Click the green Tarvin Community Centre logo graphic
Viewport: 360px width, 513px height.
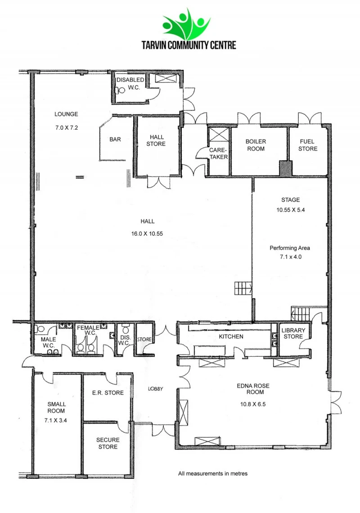click(186, 24)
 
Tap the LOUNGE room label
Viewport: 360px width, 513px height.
click(66, 114)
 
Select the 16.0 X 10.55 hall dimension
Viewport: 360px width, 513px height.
click(147, 234)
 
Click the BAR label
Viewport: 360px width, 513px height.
click(115, 139)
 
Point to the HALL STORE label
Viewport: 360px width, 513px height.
click(156, 141)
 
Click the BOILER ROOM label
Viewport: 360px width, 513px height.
click(256, 145)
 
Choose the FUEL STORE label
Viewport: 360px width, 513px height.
click(308, 145)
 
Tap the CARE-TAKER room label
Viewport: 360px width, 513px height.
click(218, 154)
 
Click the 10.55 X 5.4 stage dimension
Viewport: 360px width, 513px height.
click(290, 210)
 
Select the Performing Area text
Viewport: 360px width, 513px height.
click(290, 248)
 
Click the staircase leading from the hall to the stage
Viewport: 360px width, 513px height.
click(243, 288)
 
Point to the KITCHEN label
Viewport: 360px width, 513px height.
click(231, 336)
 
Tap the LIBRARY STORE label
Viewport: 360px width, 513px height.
click(293, 333)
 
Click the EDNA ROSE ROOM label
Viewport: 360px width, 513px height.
click(253, 389)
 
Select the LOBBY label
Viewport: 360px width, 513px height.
click(155, 389)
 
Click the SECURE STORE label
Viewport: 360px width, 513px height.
click(108, 443)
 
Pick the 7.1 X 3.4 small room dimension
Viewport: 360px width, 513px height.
click(56, 420)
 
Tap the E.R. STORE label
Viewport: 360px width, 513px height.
click(108, 393)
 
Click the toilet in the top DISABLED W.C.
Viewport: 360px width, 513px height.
click(120, 90)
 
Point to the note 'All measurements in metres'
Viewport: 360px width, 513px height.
click(212, 473)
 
